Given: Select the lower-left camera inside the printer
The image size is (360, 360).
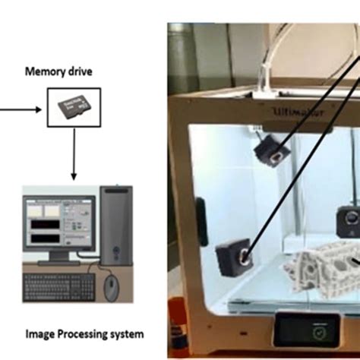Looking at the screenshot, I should (x=232, y=259).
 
